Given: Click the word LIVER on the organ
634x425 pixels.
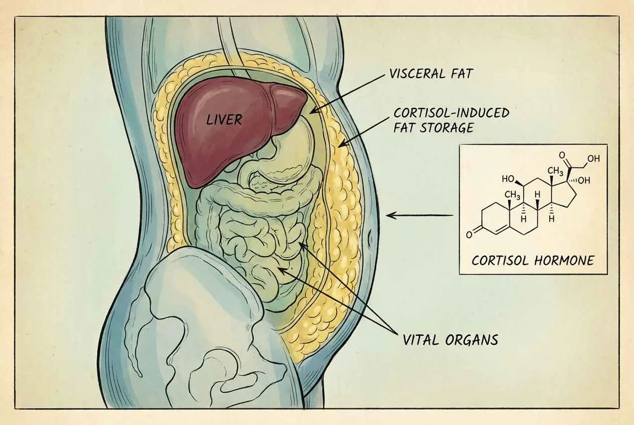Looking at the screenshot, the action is point(224,120).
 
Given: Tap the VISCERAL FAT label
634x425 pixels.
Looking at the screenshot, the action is point(431,74).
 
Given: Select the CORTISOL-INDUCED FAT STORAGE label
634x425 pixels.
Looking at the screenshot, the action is point(451,120).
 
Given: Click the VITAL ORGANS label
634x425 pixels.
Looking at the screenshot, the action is point(450,339).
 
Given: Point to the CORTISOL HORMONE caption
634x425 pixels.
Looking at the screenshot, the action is point(533,260).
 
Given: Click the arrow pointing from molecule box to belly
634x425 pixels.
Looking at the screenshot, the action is point(419,216).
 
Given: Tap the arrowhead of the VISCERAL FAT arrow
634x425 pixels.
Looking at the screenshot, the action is point(314,111).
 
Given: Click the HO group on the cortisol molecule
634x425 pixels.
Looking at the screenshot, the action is point(508,179).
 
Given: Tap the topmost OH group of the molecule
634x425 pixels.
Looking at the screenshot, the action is point(593,158).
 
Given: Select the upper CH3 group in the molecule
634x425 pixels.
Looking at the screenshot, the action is point(555,171).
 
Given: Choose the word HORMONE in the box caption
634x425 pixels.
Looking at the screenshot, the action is point(564,260).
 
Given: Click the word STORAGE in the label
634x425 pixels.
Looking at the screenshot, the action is point(447,128).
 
